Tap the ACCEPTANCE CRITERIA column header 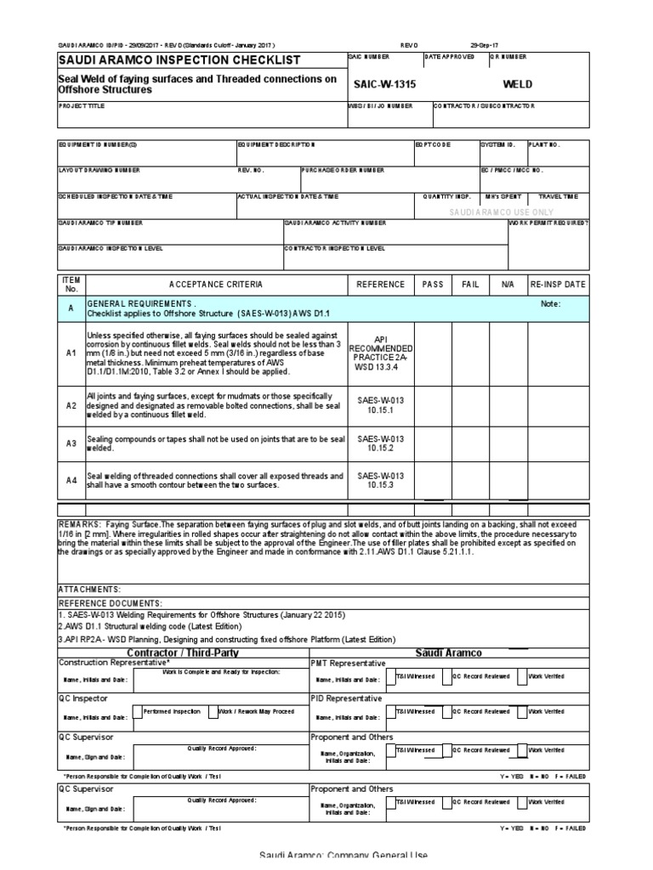click(x=215, y=284)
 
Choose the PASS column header click(x=433, y=284)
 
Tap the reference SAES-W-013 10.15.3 click(x=380, y=481)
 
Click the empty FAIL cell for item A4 click(x=470, y=481)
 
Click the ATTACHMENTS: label click(x=89, y=588)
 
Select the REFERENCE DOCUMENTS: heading click(x=109, y=602)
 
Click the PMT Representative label click(x=348, y=663)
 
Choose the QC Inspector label click(x=82, y=698)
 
